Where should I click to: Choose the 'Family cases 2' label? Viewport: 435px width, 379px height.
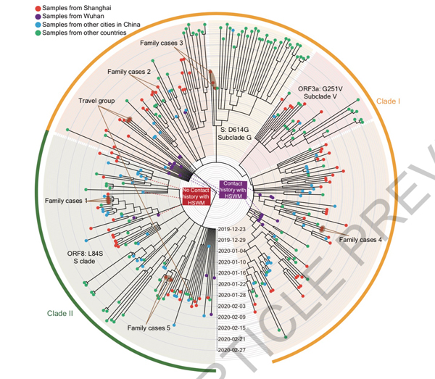pyautogui.click(x=129, y=72)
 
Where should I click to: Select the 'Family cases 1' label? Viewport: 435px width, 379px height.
pyautogui.click(x=66, y=200)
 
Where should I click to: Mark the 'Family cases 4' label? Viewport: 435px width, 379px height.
pyautogui.click(x=360, y=240)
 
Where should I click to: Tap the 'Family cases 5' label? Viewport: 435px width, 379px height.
pyautogui.click(x=149, y=328)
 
